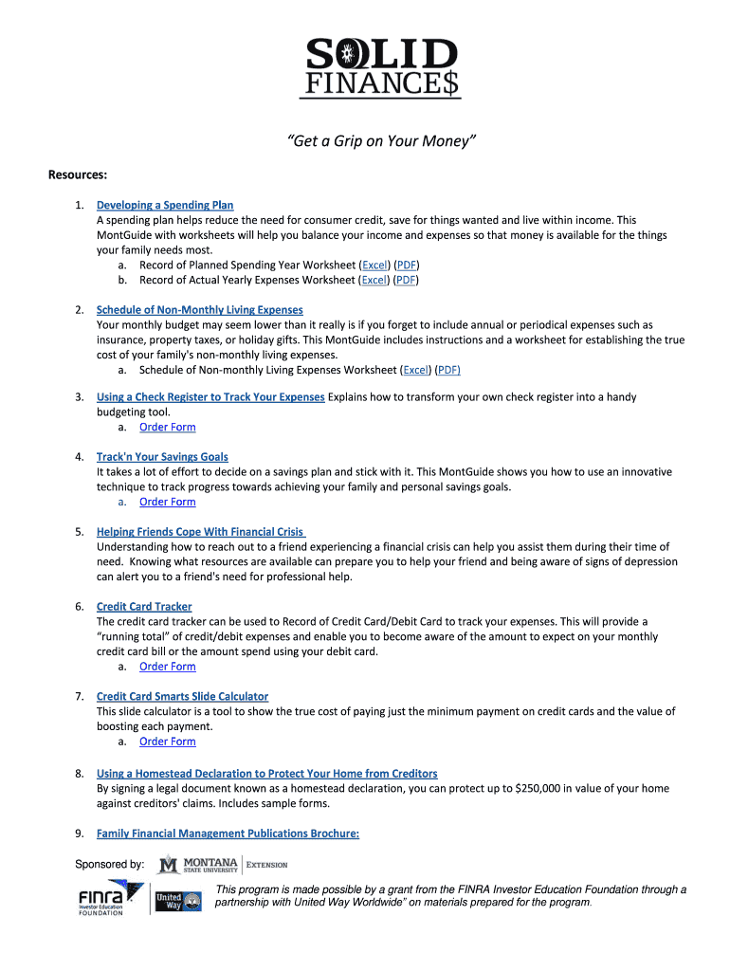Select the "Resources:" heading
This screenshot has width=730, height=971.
coord(78,175)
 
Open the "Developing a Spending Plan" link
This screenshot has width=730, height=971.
coord(165,205)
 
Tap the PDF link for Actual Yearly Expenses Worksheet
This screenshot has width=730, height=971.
coord(406,280)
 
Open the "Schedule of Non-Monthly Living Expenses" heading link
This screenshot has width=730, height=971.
coord(200,310)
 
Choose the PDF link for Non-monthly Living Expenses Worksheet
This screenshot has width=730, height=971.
coord(448,370)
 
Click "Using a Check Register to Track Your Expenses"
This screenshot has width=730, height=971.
coord(210,397)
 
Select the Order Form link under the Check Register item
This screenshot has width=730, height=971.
coord(168,427)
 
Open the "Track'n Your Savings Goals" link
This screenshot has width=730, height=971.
coord(162,457)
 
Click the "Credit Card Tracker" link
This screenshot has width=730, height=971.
coord(144,607)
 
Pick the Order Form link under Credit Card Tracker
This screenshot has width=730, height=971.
coord(168,667)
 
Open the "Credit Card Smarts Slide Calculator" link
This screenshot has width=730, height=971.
coord(182,697)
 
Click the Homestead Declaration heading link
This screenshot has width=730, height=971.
coord(267,774)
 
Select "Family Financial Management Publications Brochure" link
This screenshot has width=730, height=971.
coord(228,834)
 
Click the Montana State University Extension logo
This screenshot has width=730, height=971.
coord(223,864)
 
